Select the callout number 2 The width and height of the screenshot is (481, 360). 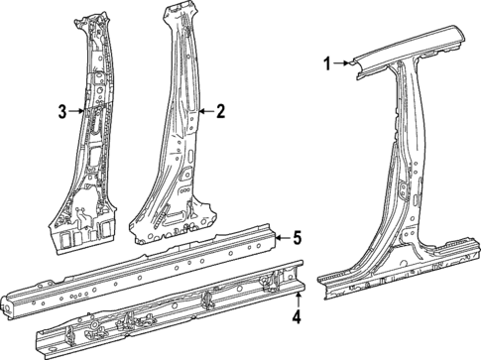click(x=222, y=111)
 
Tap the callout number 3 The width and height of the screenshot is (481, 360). click(x=61, y=111)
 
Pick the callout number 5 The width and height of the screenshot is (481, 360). click(x=295, y=237)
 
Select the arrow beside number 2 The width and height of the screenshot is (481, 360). click(x=205, y=111)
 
